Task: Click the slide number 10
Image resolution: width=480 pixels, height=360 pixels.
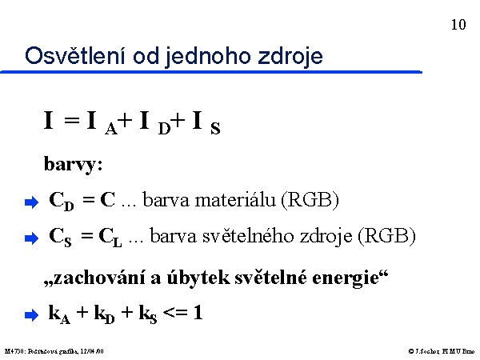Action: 458,25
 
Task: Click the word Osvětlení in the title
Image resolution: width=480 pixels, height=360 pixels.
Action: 75,55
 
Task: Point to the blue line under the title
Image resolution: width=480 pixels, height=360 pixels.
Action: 211,72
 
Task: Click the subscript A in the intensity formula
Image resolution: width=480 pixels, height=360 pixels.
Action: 111,129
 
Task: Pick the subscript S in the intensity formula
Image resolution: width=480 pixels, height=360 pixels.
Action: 215,128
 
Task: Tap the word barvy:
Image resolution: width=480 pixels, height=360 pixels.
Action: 73,165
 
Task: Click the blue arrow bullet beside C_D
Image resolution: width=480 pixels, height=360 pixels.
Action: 31,202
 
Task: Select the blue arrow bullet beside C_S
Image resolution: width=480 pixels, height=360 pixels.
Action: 31,238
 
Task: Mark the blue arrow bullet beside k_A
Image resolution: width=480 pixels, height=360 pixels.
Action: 31,314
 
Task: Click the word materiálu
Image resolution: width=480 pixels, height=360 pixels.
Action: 235,200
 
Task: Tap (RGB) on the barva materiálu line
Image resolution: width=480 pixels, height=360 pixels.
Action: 310,200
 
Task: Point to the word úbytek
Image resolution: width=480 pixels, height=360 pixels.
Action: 198,278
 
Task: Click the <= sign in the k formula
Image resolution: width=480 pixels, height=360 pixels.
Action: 175,313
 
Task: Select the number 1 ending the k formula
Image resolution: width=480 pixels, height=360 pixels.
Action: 198,313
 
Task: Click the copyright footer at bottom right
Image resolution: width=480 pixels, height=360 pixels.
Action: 442,351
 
